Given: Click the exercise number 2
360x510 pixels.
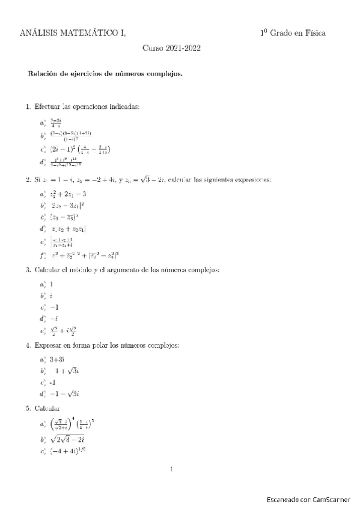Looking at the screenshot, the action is (x=28, y=180).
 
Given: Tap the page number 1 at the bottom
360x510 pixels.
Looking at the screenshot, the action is (x=172, y=469).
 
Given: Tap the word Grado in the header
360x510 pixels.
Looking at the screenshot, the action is (x=282, y=34).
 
